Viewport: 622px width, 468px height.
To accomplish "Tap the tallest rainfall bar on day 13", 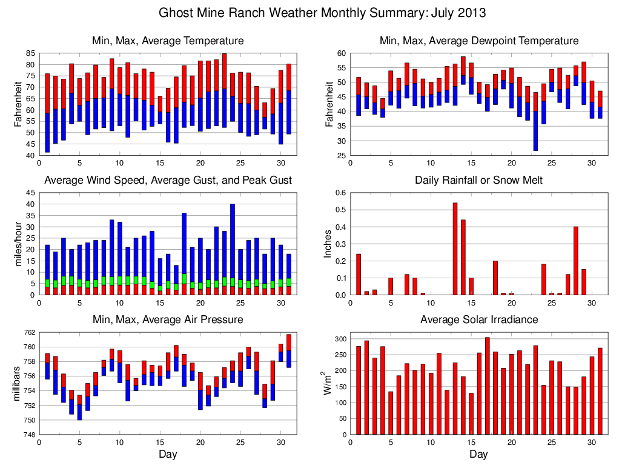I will [455, 249].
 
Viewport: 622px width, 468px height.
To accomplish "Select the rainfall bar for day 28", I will [575, 261].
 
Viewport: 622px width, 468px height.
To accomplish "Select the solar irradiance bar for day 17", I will [487, 386].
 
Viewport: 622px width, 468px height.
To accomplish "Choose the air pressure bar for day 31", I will [289, 351].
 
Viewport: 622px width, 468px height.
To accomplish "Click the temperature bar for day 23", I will [224, 90].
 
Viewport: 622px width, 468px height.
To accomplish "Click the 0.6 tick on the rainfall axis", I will [341, 193].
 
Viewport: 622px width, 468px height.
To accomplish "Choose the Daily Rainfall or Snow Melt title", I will [478, 180].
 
